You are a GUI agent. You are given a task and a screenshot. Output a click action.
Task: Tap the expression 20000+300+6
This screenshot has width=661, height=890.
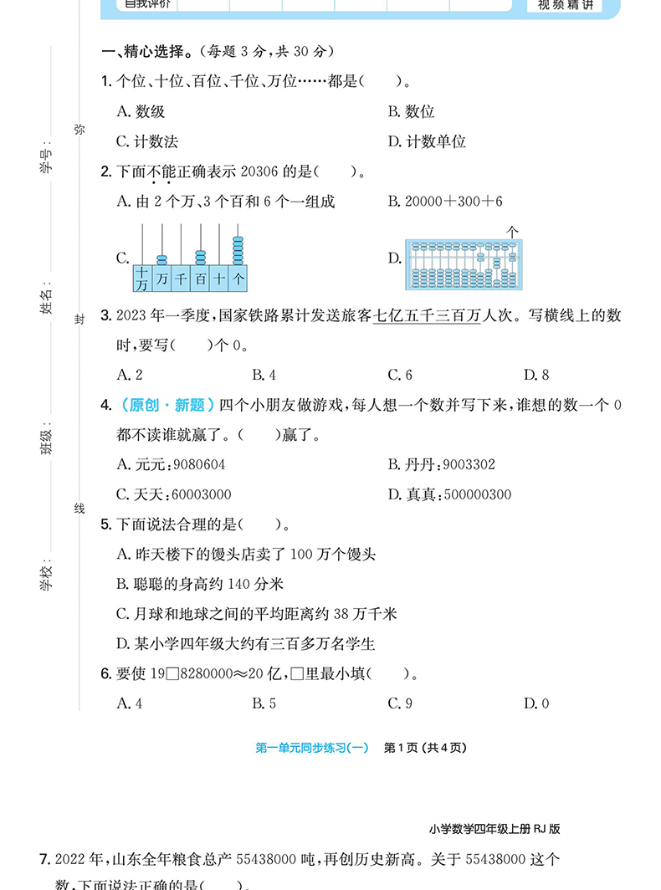(453, 202)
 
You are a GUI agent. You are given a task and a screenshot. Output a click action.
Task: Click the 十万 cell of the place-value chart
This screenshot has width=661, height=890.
(141, 279)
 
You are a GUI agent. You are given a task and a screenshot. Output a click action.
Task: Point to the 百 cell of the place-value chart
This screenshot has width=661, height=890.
(200, 279)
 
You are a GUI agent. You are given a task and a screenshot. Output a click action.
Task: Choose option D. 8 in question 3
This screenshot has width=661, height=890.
(536, 375)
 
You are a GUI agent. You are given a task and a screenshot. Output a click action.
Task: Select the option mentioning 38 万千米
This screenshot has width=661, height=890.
(257, 614)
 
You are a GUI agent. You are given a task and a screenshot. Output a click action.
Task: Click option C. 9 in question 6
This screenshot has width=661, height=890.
(400, 703)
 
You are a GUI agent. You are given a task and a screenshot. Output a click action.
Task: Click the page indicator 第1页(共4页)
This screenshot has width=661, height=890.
(424, 748)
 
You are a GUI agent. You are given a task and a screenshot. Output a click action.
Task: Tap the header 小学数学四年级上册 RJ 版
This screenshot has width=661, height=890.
(493, 830)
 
